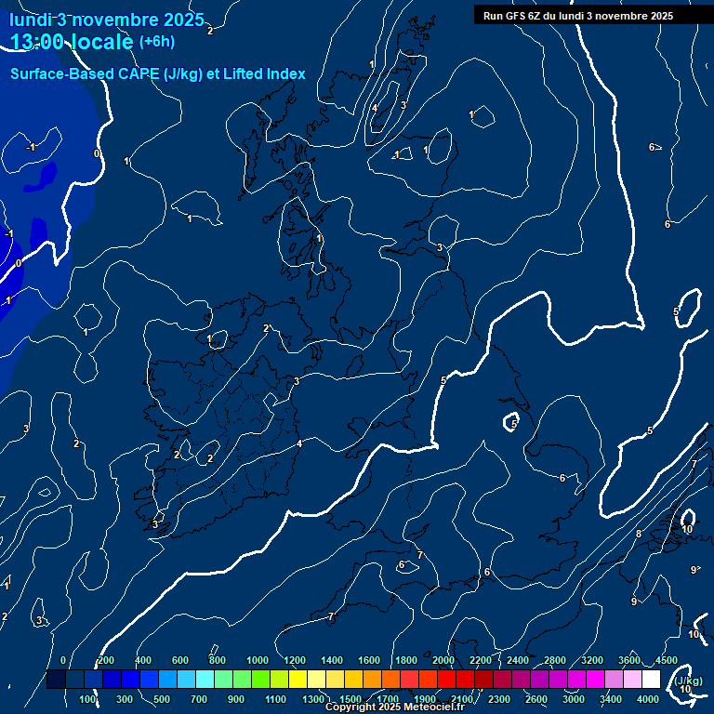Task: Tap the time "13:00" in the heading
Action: (x=40, y=41)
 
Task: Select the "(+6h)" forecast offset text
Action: (x=156, y=41)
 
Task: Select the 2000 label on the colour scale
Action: (x=443, y=660)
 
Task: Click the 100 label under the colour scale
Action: (x=88, y=699)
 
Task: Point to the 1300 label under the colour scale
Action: (x=313, y=699)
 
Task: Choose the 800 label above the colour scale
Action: (x=218, y=660)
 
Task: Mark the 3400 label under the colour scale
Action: (x=611, y=699)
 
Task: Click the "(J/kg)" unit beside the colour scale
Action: (x=688, y=681)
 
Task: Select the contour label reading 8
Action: (x=638, y=534)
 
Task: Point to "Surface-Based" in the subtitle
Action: (x=51, y=73)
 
